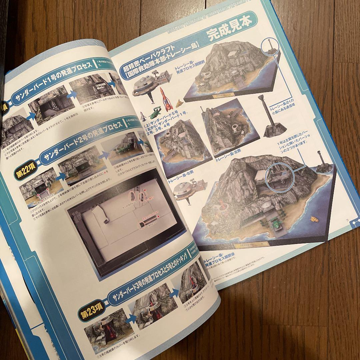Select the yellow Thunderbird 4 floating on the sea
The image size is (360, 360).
point(314,219)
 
